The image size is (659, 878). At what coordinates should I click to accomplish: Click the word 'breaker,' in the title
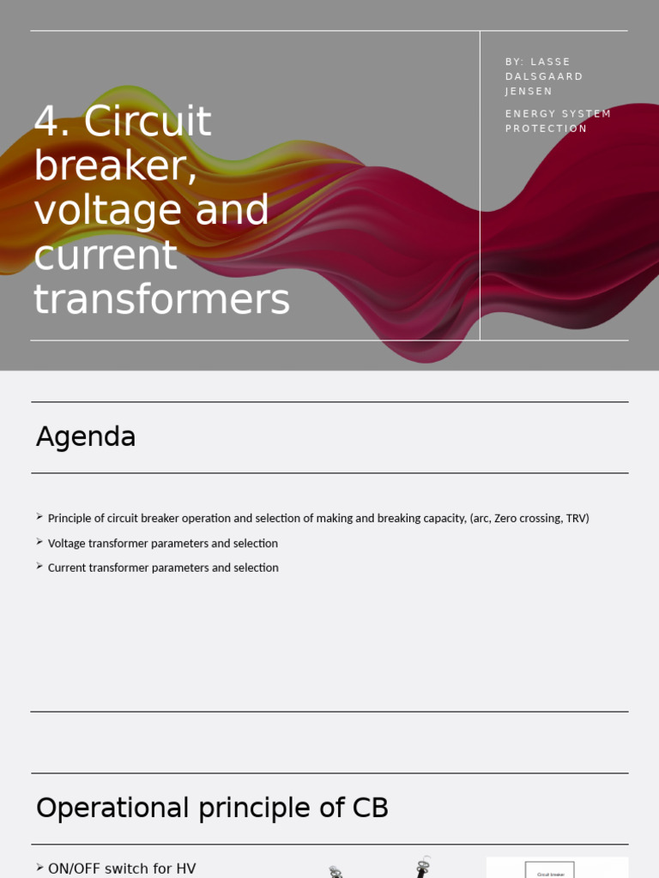(x=116, y=166)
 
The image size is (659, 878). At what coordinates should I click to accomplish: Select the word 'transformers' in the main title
(x=161, y=300)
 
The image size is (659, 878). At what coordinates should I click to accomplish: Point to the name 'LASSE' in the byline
(x=551, y=62)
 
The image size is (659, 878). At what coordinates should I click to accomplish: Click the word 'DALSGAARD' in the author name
(x=544, y=76)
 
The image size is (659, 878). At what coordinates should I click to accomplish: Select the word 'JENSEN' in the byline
(x=529, y=92)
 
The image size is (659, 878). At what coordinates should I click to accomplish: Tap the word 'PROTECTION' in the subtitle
(x=546, y=129)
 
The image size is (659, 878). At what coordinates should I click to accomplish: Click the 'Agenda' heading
(x=86, y=436)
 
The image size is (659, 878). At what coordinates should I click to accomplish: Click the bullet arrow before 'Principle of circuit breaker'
(x=39, y=516)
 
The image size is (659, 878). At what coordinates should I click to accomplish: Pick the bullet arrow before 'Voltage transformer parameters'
(x=39, y=541)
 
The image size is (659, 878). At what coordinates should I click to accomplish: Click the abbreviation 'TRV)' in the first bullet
(x=577, y=519)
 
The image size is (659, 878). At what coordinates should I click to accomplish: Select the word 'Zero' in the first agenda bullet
(x=507, y=519)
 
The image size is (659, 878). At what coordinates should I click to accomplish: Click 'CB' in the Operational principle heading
(x=370, y=808)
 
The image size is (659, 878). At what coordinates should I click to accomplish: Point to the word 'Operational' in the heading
(x=112, y=808)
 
